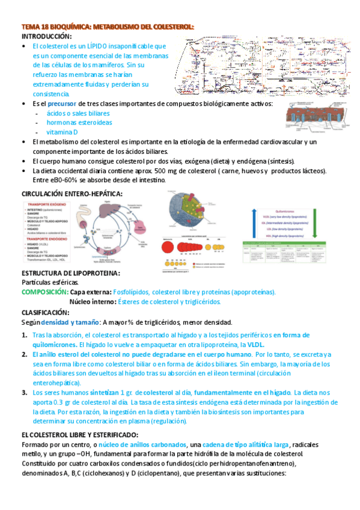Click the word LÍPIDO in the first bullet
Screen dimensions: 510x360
(100, 46)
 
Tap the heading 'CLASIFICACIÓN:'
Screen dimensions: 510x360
(46, 313)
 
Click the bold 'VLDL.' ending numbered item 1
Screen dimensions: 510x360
(256, 345)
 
